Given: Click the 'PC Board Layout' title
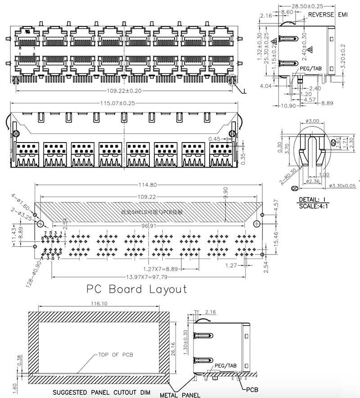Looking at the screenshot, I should tap(136, 289).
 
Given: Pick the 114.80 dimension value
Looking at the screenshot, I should tap(148, 184).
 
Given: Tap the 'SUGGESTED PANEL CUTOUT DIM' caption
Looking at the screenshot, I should tap(102, 392).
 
